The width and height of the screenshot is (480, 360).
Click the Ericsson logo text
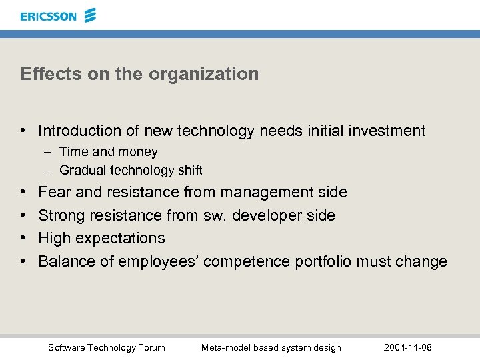pos(49,16)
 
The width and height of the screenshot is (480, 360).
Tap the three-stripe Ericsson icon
pos(91,15)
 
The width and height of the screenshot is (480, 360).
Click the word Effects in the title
pos(43,73)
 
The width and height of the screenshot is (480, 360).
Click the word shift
pos(189,171)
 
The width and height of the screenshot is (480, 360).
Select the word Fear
pos(55,192)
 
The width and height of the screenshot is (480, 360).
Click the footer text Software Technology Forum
pos(107,347)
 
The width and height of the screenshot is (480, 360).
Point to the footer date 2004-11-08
pos(408,347)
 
